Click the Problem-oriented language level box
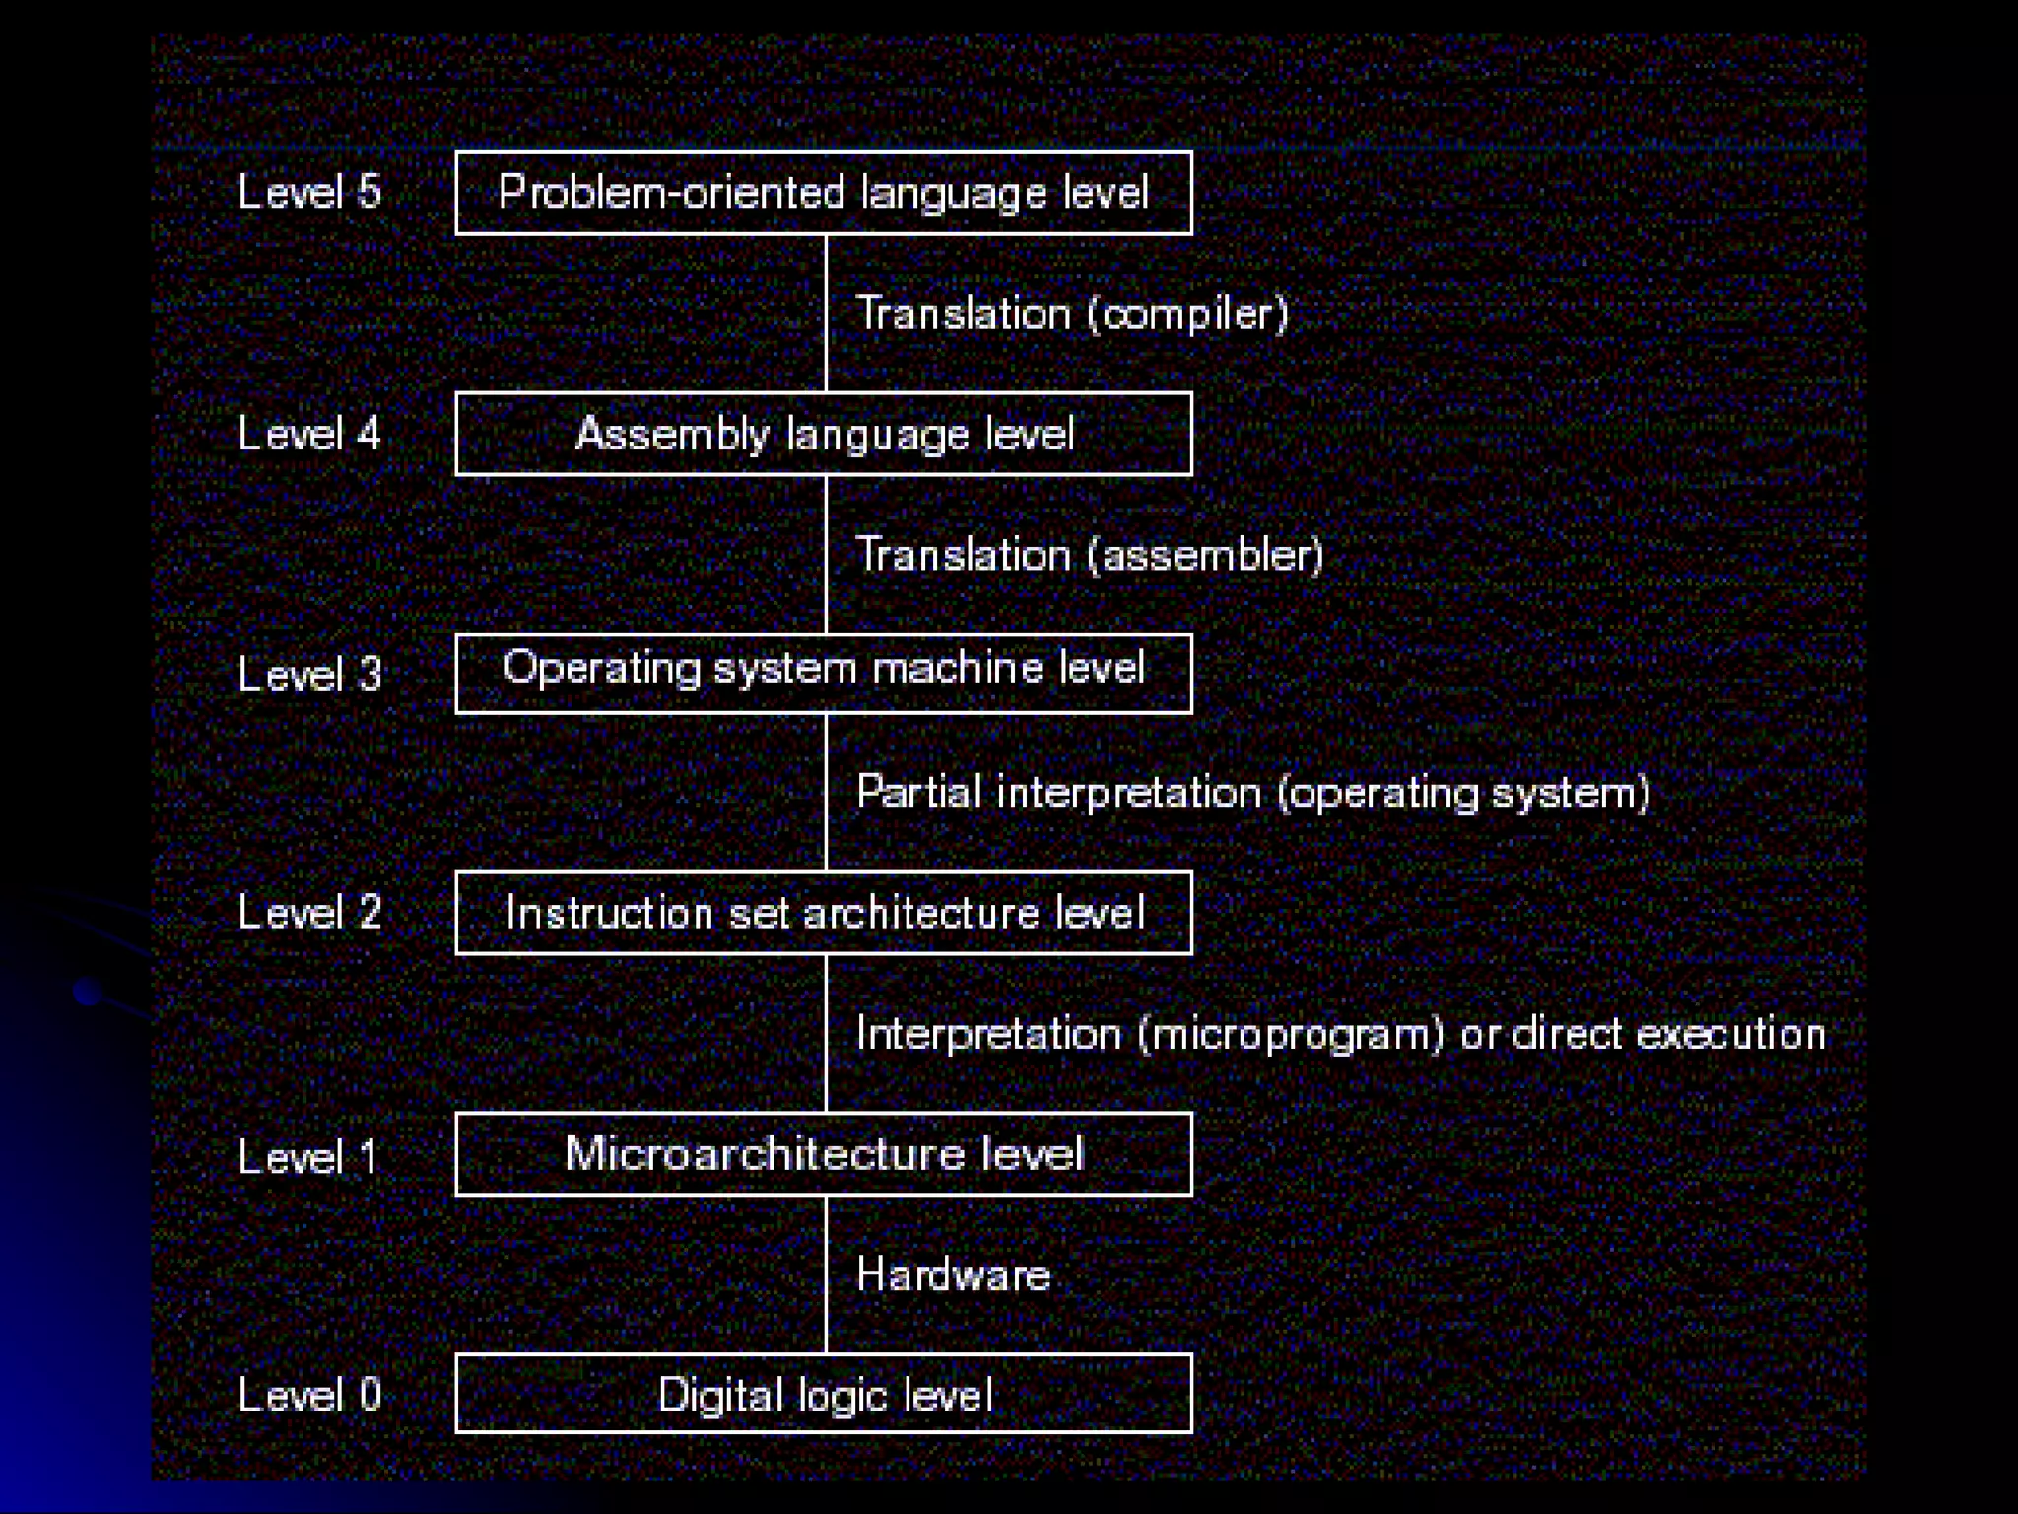[824, 192]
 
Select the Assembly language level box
[824, 434]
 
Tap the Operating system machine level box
[824, 672]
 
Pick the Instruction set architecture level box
[824, 913]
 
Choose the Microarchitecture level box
[824, 1154]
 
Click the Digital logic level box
[824, 1394]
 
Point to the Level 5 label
[309, 192]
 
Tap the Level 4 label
[309, 434]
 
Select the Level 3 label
[309, 674]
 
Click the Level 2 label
[309, 913]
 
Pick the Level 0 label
[309, 1395]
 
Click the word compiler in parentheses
[1188, 314]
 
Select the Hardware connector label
[953, 1274]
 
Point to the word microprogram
[1291, 1035]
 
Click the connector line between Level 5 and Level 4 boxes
[826, 312]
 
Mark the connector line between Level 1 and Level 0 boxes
[826, 1274]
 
